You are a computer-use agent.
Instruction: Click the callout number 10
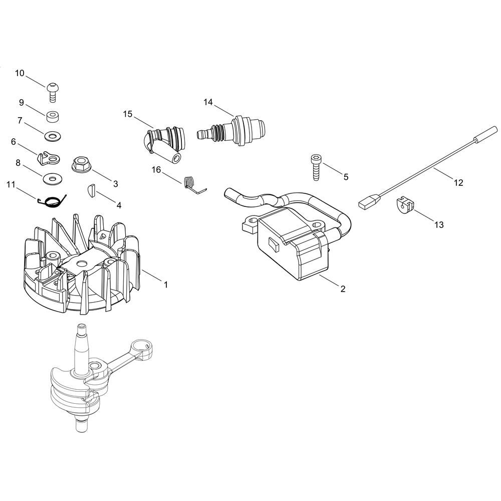pos(20,74)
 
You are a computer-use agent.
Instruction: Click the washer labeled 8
pos(53,179)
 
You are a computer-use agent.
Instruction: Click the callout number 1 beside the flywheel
pos(165,285)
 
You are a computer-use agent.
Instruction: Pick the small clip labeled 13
pos(403,205)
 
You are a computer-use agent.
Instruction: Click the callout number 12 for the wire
pos(458,183)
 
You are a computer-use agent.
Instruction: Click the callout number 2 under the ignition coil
pos(343,289)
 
